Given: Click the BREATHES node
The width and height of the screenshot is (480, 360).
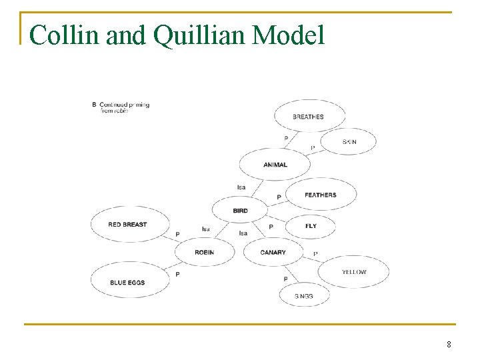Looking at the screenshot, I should pyautogui.click(x=309, y=117).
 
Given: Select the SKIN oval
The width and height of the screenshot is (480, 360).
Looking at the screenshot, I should pyautogui.click(x=349, y=142).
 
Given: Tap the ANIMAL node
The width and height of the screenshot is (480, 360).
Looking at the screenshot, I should pyautogui.click(x=275, y=165).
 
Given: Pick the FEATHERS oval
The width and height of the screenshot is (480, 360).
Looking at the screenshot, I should pyautogui.click(x=321, y=195).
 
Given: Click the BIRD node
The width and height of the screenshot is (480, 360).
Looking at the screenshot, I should pyautogui.click(x=240, y=211).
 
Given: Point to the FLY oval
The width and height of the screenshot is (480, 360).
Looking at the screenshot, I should pyautogui.click(x=311, y=226).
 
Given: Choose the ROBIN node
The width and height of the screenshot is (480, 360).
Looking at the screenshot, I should pyautogui.click(x=205, y=253).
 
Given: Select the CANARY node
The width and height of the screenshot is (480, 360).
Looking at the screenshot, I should pyautogui.click(x=273, y=253).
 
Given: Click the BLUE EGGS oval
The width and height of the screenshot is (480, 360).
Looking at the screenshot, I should pyautogui.click(x=128, y=283).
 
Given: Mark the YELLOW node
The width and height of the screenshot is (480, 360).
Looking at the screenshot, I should pyautogui.click(x=354, y=272).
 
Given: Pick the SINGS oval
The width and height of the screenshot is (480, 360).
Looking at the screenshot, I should pyautogui.click(x=304, y=295).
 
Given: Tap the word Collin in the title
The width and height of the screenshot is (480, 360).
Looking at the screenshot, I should pyautogui.click(x=63, y=35).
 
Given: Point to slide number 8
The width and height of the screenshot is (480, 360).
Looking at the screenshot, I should pyautogui.click(x=449, y=345).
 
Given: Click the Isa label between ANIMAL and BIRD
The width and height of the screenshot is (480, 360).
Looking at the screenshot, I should pyautogui.click(x=241, y=187).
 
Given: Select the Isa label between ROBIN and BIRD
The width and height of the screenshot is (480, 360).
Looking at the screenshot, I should pyautogui.click(x=206, y=229).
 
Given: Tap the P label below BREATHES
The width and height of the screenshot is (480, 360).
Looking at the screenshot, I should pyautogui.click(x=286, y=139).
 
